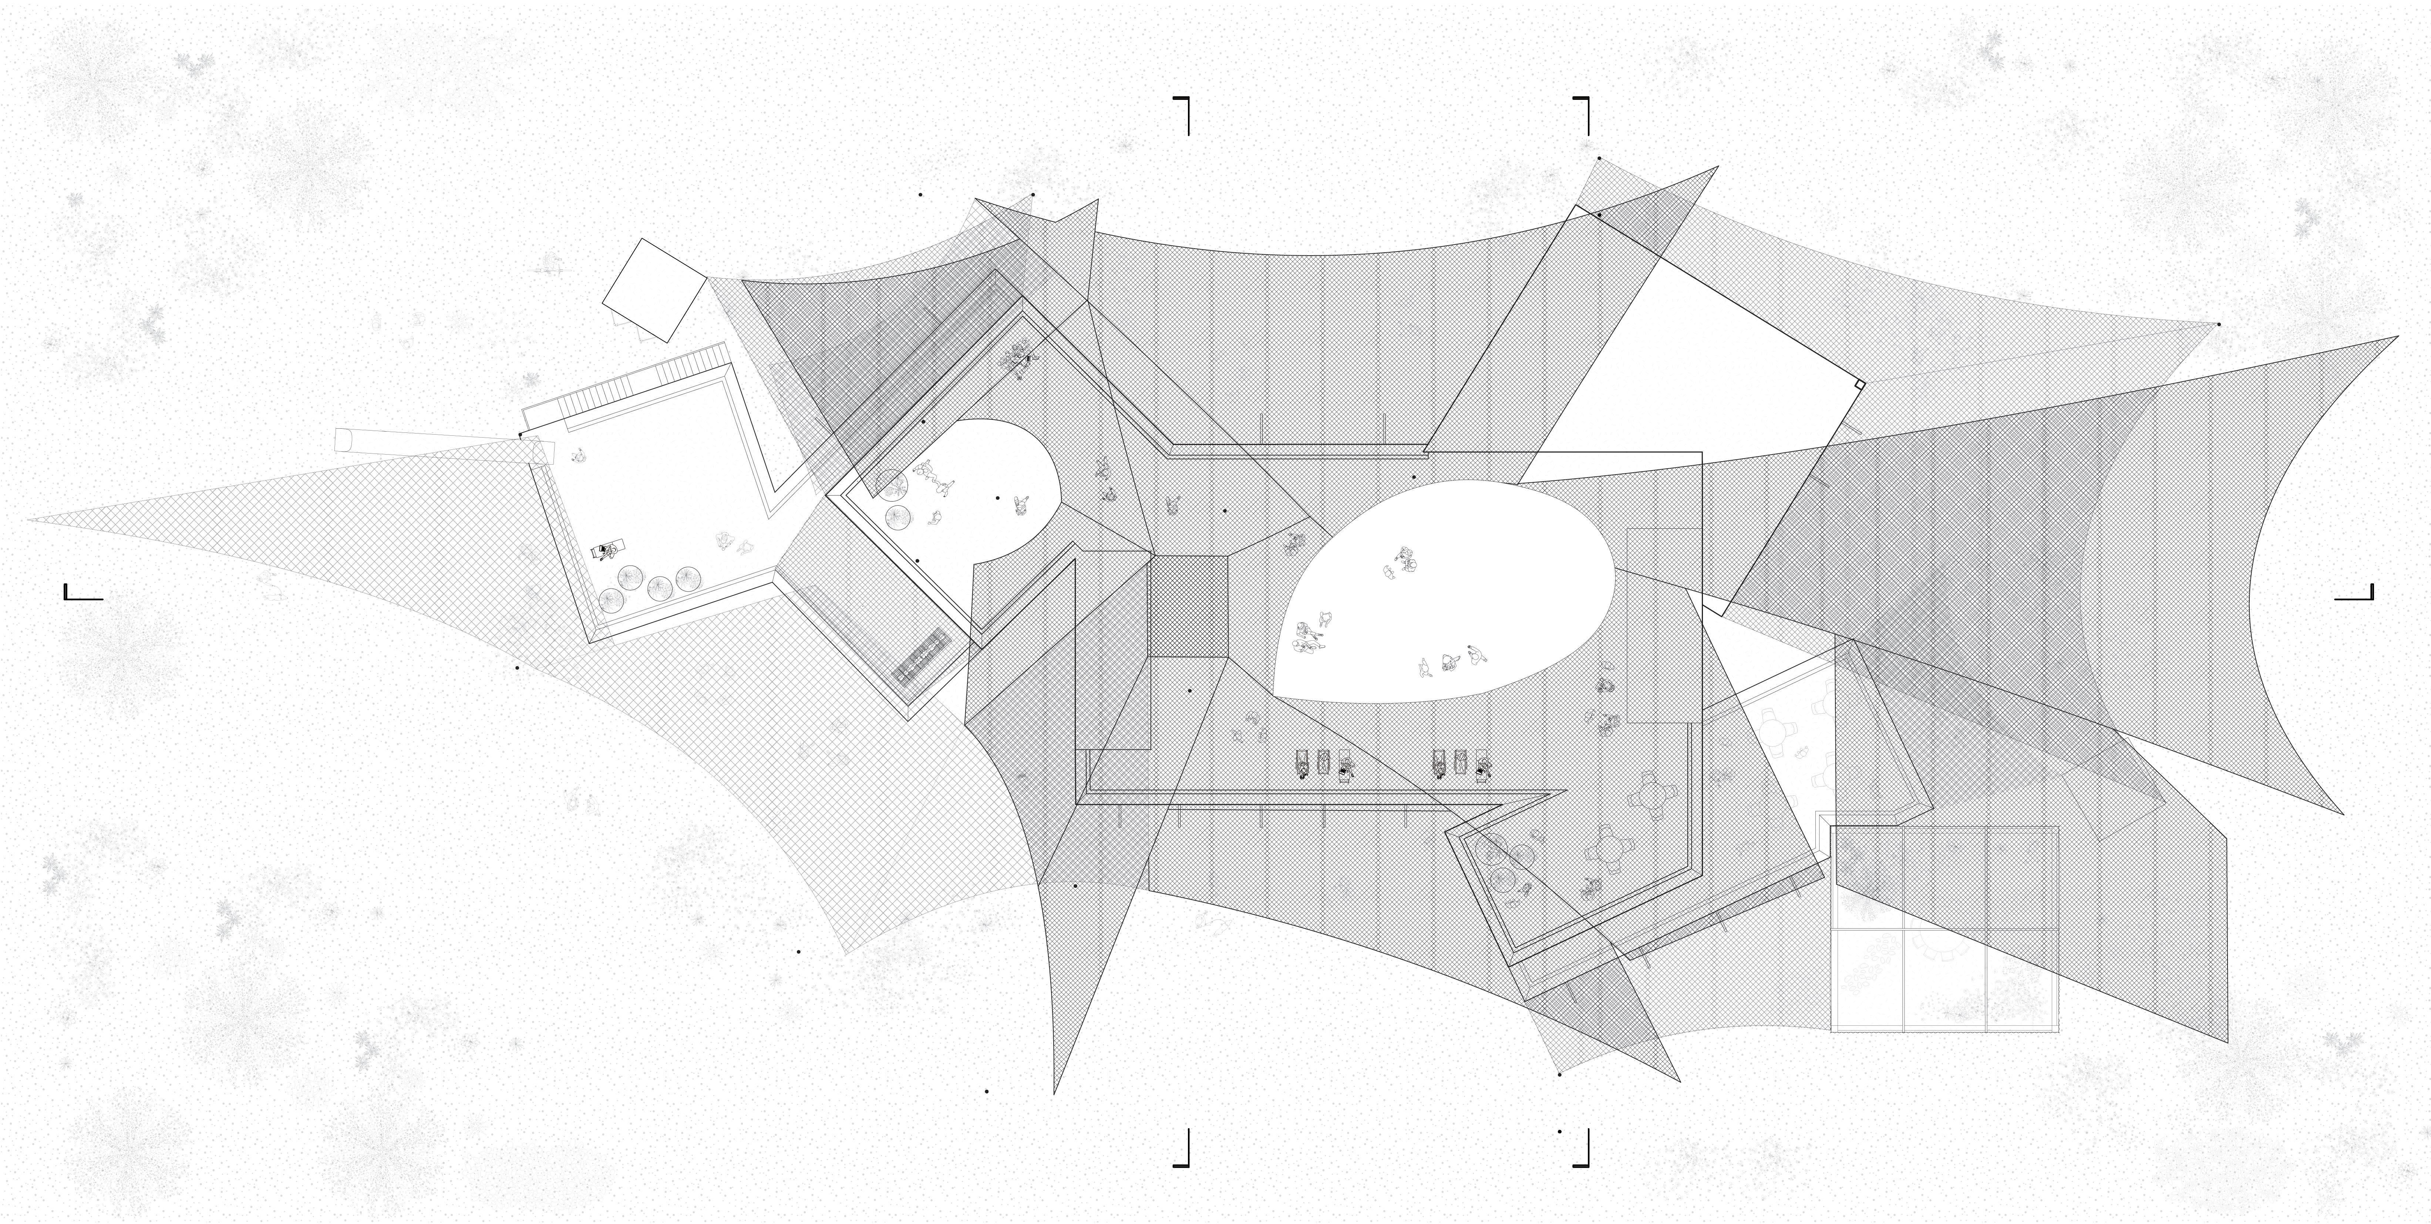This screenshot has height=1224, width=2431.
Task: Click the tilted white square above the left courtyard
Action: [x=654, y=290]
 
